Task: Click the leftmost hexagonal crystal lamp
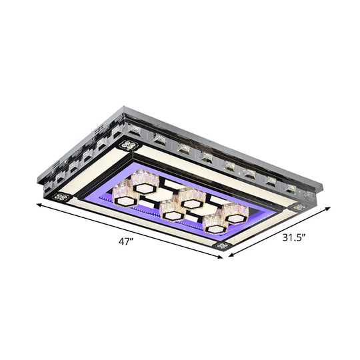[127, 192]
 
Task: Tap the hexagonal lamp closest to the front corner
[215, 223]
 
